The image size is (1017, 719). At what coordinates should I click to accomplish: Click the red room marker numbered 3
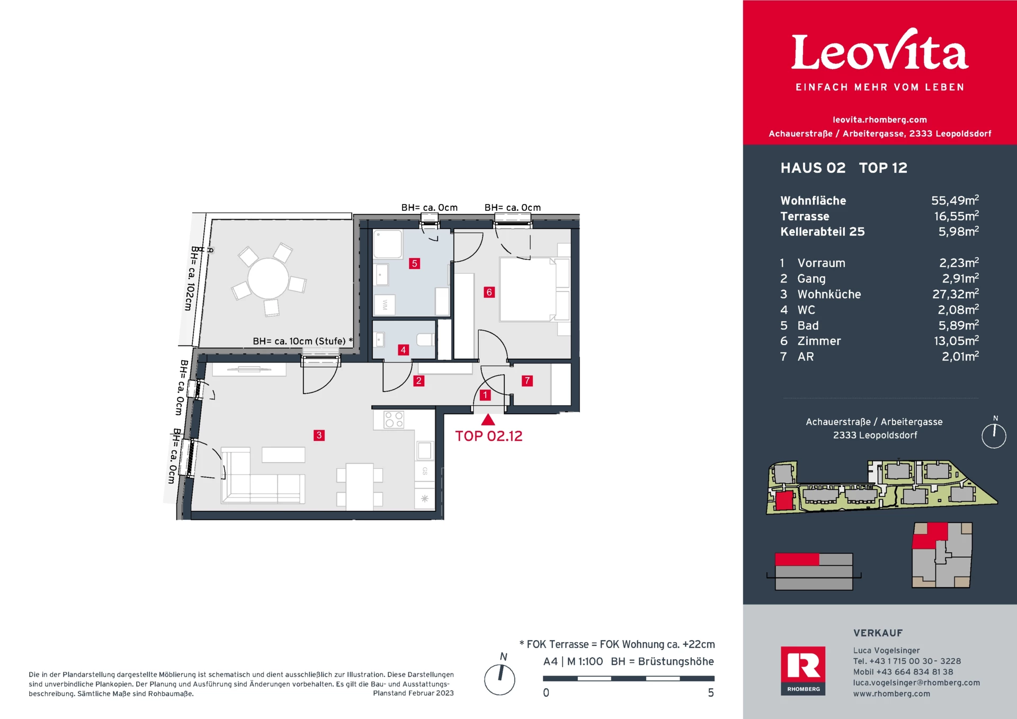[319, 435]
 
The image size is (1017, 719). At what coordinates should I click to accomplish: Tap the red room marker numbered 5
[414, 263]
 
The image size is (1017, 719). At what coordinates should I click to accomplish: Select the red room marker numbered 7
[527, 380]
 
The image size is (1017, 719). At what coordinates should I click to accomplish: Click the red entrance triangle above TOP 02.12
[488, 421]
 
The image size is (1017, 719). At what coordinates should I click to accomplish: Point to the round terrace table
[268, 278]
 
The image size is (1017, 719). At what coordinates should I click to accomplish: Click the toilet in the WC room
[425, 339]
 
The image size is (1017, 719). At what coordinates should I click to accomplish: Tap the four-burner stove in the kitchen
[394, 420]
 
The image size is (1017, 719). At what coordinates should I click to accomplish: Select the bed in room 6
[527, 289]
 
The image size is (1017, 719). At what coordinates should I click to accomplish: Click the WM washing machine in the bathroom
[385, 305]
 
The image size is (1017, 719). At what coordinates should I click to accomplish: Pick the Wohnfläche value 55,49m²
[954, 200]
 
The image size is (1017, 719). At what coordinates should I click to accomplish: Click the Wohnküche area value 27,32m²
[955, 294]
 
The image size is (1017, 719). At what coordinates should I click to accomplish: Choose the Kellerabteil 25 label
[822, 232]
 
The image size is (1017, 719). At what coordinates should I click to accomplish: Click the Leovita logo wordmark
[879, 52]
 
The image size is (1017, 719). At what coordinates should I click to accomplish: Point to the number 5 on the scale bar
[711, 693]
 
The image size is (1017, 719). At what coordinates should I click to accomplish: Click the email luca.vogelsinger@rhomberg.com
[916, 682]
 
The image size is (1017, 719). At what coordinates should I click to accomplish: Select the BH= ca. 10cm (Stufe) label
[299, 341]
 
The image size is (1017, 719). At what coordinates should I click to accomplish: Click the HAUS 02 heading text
[813, 168]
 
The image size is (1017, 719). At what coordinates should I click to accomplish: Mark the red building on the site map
[784, 501]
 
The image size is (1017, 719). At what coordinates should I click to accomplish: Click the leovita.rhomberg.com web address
[879, 120]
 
